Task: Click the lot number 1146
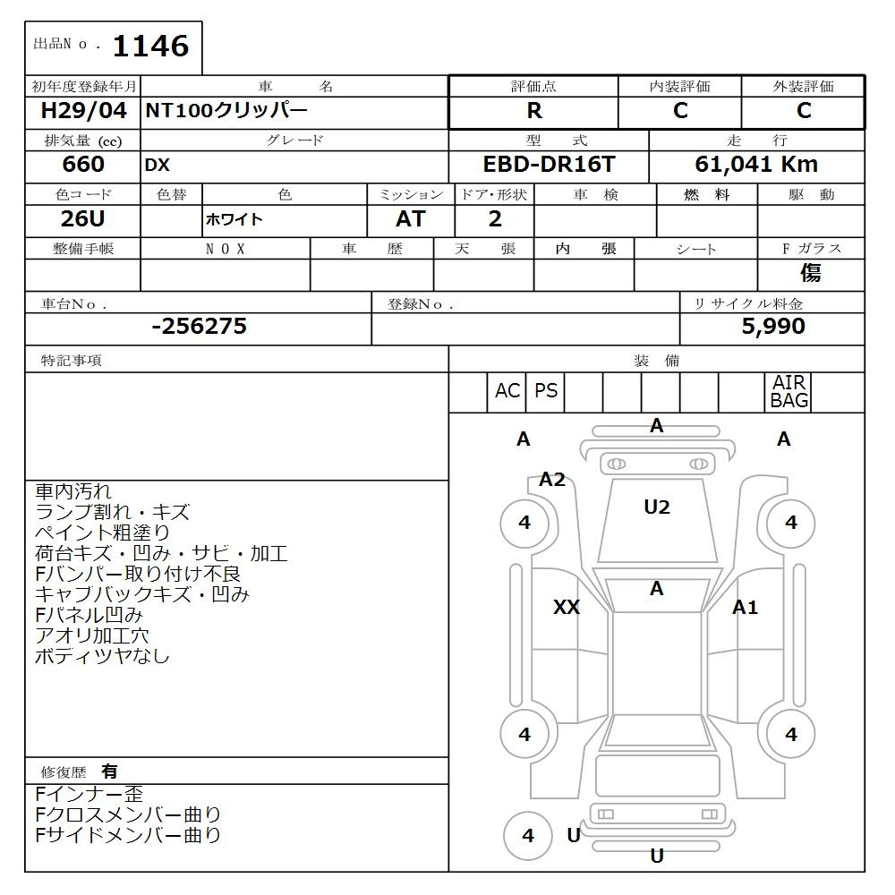click(x=150, y=47)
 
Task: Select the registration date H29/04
click(x=83, y=111)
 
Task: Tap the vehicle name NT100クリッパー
click(x=226, y=111)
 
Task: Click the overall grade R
click(x=534, y=111)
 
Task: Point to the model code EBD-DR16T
click(x=550, y=165)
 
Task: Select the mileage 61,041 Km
click(x=756, y=165)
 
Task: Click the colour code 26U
click(x=82, y=218)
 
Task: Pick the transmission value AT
click(x=411, y=218)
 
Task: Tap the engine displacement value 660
click(x=83, y=165)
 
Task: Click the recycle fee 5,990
click(x=773, y=327)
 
